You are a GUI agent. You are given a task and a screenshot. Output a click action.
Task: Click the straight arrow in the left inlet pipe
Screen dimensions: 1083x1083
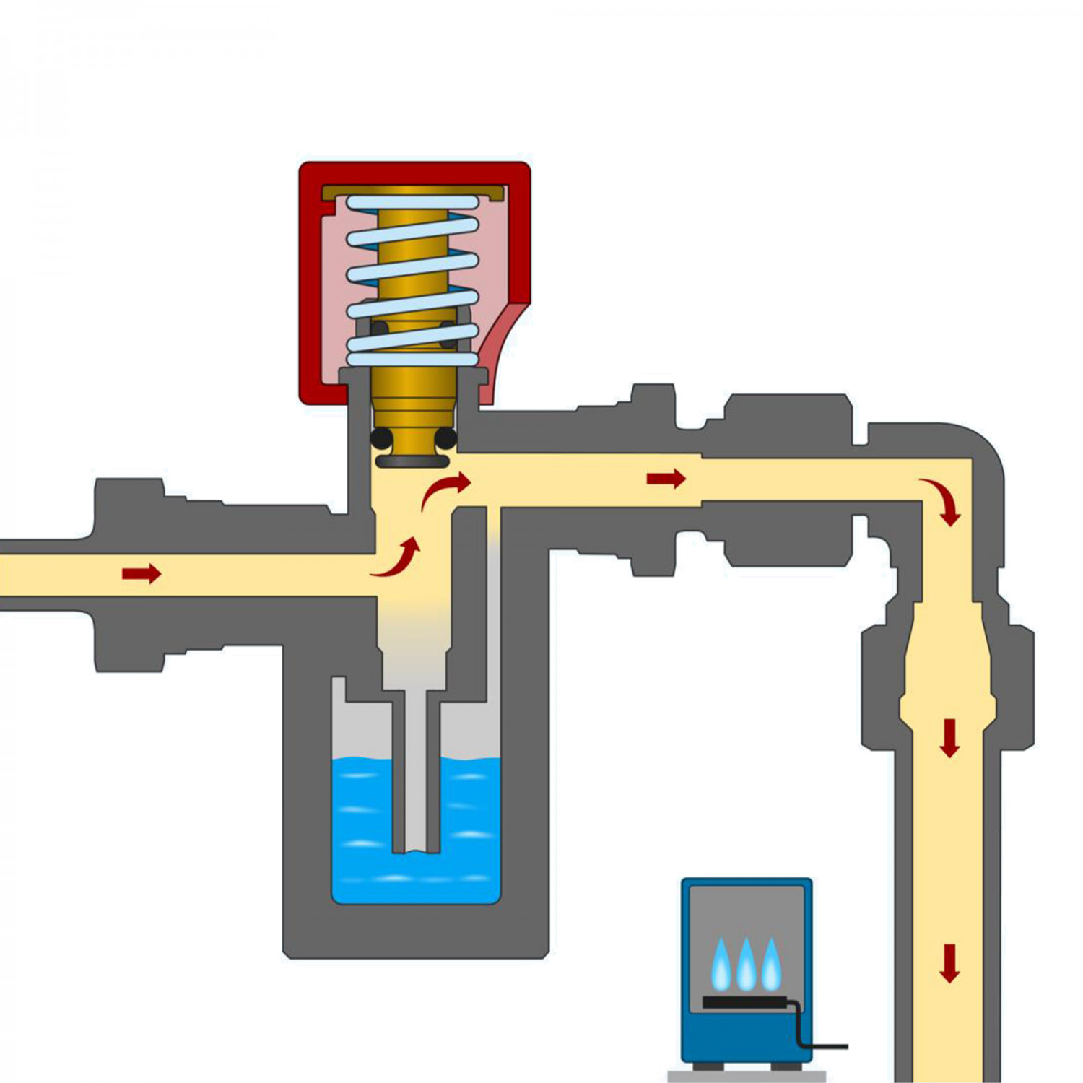click(x=142, y=574)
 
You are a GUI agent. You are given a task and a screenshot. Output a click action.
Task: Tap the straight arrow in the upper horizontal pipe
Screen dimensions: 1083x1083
click(x=666, y=478)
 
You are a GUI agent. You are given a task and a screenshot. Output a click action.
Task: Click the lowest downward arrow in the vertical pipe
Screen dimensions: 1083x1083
click(x=949, y=964)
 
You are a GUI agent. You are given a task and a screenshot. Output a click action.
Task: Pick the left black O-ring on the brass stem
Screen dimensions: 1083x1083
click(x=381, y=438)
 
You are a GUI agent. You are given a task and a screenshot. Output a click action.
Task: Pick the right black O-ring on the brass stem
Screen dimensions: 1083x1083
click(x=445, y=438)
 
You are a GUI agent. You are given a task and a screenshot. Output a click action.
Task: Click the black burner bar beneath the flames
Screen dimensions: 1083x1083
click(x=747, y=1002)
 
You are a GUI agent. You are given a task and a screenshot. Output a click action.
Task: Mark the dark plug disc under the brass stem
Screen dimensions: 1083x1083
click(x=413, y=461)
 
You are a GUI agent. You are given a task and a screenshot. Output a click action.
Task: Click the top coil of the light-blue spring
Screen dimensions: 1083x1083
click(x=412, y=203)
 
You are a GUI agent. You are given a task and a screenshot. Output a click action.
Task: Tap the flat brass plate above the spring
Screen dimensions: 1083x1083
click(x=413, y=191)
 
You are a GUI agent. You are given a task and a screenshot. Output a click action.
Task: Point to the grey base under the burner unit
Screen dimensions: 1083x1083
click(x=747, y=1077)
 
